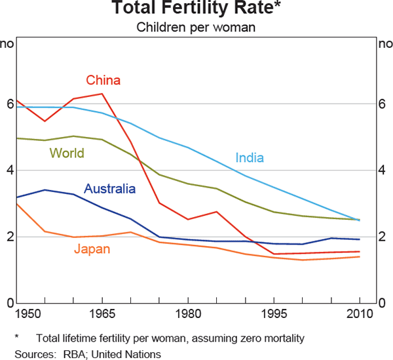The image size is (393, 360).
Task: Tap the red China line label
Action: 103,81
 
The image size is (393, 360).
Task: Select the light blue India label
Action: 250,157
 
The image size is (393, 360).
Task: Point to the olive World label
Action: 67,153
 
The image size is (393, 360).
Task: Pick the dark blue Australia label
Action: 109,189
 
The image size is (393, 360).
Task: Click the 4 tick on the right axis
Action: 383,170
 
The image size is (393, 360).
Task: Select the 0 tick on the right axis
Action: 383,303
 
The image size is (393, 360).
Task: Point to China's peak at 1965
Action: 102,94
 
